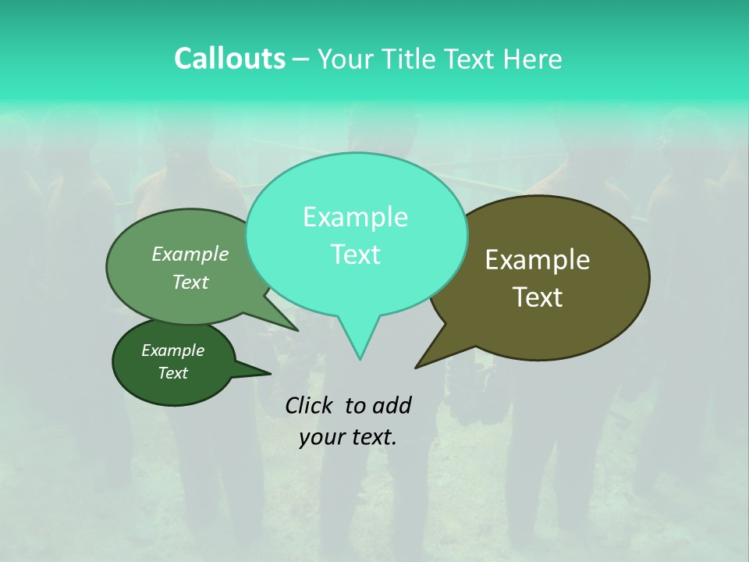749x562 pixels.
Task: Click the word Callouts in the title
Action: (x=229, y=59)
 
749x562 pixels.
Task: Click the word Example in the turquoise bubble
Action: (x=355, y=217)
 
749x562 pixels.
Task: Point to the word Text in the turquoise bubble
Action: (x=355, y=254)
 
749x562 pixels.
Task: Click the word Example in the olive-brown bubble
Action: (x=538, y=260)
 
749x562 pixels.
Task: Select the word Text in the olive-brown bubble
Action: (x=538, y=297)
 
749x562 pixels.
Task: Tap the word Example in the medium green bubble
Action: (x=190, y=254)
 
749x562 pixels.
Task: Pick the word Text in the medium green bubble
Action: (x=190, y=282)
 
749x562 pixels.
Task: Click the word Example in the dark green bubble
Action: (x=172, y=350)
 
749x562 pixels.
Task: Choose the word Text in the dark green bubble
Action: (x=172, y=373)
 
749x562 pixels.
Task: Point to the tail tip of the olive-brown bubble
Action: (x=417, y=367)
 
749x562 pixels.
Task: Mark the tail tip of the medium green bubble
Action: (x=297, y=329)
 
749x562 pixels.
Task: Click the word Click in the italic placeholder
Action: (x=311, y=405)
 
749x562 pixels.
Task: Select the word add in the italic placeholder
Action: (x=392, y=405)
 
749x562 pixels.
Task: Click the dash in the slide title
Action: (x=302, y=59)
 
